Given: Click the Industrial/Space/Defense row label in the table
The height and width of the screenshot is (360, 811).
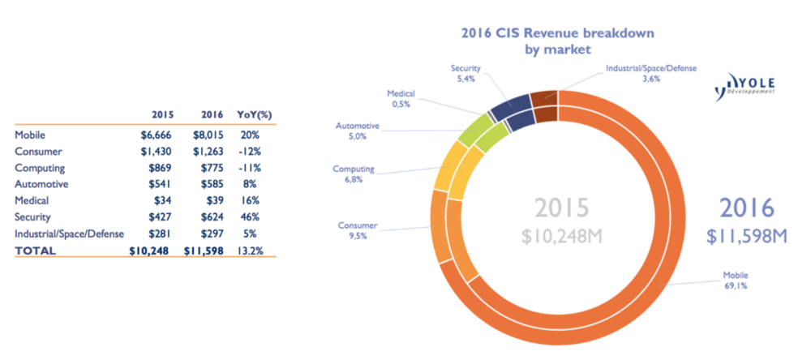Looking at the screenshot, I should tap(69, 234).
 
